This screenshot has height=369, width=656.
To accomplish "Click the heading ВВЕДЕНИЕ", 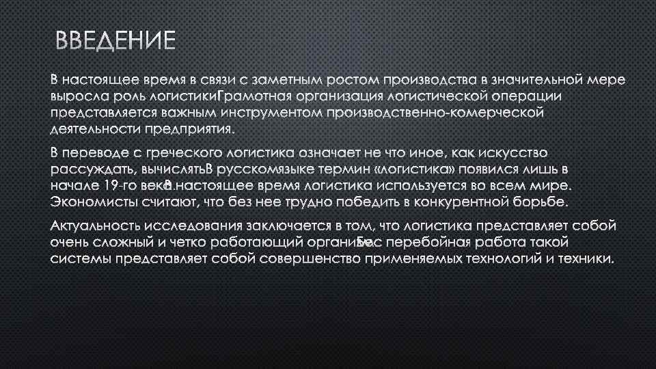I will tap(115, 42).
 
